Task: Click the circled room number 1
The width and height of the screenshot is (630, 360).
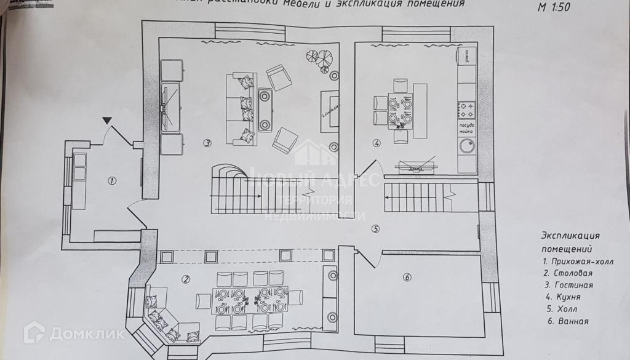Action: click(112, 181)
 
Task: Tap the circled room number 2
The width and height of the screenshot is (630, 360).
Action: click(186, 279)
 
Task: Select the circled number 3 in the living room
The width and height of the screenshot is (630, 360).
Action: click(207, 143)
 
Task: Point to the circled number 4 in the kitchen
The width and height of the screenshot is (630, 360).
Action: click(377, 143)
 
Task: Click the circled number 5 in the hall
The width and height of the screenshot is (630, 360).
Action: click(376, 230)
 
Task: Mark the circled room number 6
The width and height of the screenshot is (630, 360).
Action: click(407, 278)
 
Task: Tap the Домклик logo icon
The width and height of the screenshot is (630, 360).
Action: click(33, 332)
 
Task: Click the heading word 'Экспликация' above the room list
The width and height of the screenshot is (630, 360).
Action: click(570, 236)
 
